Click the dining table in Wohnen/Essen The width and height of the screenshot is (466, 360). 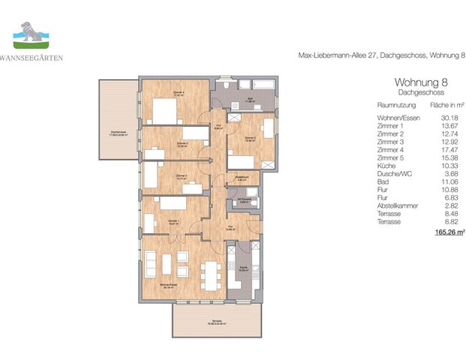tap(212, 275)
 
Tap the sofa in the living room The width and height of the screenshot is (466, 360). tap(151, 265)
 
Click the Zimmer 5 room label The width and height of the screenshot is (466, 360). tap(250, 138)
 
